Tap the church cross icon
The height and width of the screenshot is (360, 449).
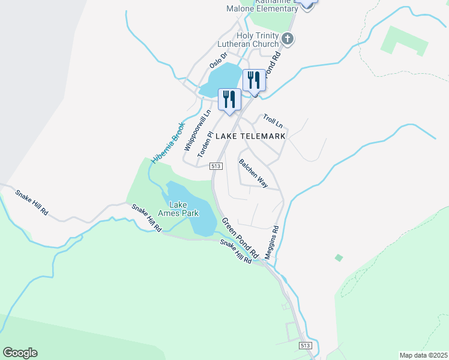(288, 40)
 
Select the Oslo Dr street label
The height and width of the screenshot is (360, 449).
(218, 61)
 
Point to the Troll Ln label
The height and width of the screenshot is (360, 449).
(273, 121)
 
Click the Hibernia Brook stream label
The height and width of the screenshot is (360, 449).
(167, 143)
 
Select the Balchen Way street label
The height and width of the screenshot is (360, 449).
(253, 173)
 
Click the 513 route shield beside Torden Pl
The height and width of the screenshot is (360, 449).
(217, 166)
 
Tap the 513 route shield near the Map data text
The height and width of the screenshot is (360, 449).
(305, 346)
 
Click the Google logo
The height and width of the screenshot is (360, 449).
(20, 353)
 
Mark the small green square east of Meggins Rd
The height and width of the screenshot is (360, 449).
(339, 257)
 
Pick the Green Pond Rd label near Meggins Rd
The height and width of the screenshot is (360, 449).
(240, 237)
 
